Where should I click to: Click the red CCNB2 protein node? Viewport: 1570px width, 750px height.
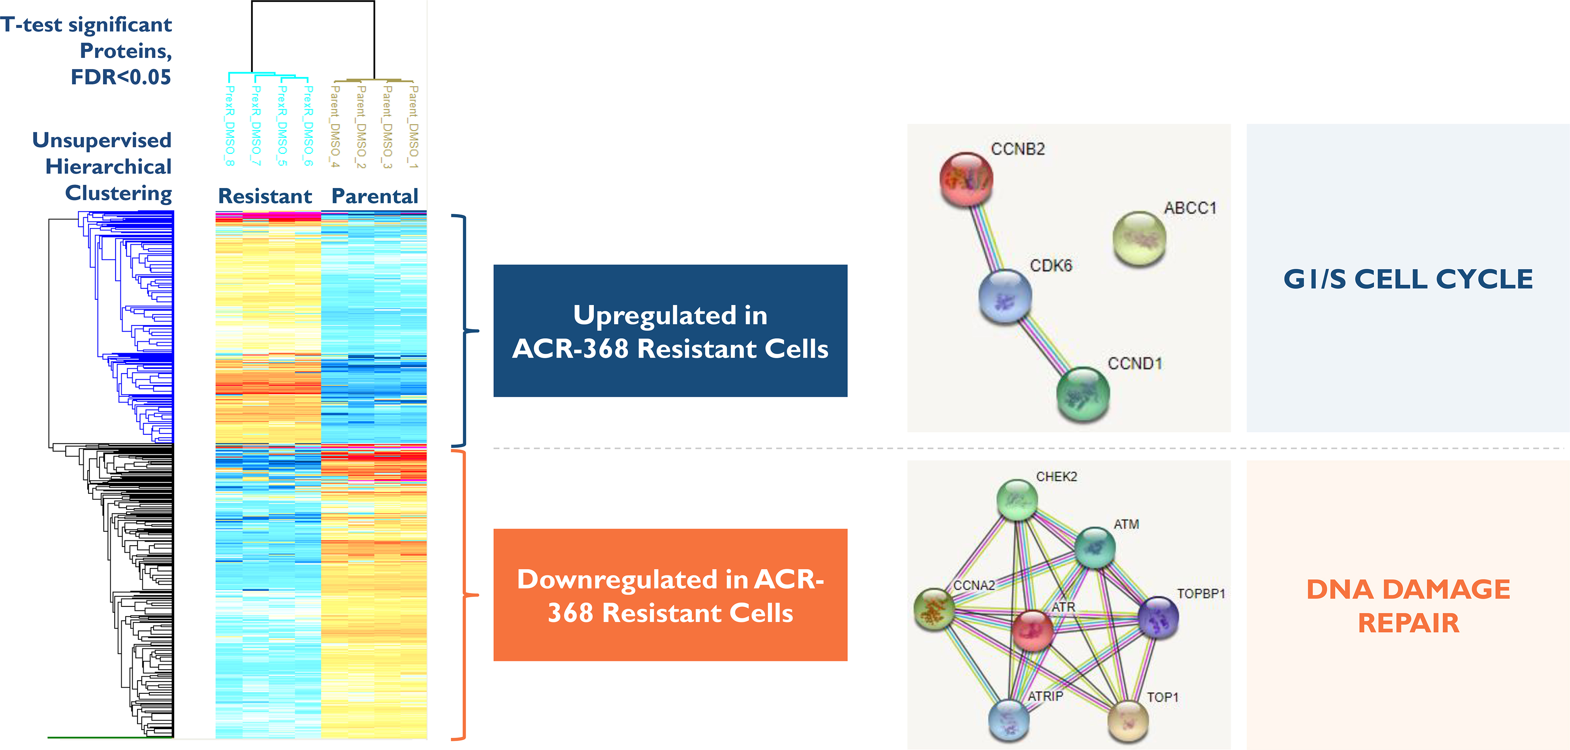tap(966, 179)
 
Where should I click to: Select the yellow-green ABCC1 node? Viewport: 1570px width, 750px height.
tap(1139, 238)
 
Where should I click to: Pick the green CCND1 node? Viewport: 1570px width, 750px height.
tap(1082, 394)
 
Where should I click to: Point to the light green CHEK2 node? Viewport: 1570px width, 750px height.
tap(1017, 500)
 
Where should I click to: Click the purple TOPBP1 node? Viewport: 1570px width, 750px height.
tap(1158, 617)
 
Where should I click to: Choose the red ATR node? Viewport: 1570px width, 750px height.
tap(1032, 631)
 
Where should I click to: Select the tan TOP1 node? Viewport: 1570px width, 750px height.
tap(1128, 721)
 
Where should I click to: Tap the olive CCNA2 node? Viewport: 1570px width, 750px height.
tap(934, 608)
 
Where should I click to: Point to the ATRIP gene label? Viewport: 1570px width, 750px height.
tap(1045, 696)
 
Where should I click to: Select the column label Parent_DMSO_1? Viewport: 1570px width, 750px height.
tap(414, 127)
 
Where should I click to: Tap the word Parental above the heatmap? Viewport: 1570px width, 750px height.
tap(374, 196)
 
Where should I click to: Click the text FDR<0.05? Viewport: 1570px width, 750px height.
tap(121, 77)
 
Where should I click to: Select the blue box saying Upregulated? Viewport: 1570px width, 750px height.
tap(670, 331)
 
